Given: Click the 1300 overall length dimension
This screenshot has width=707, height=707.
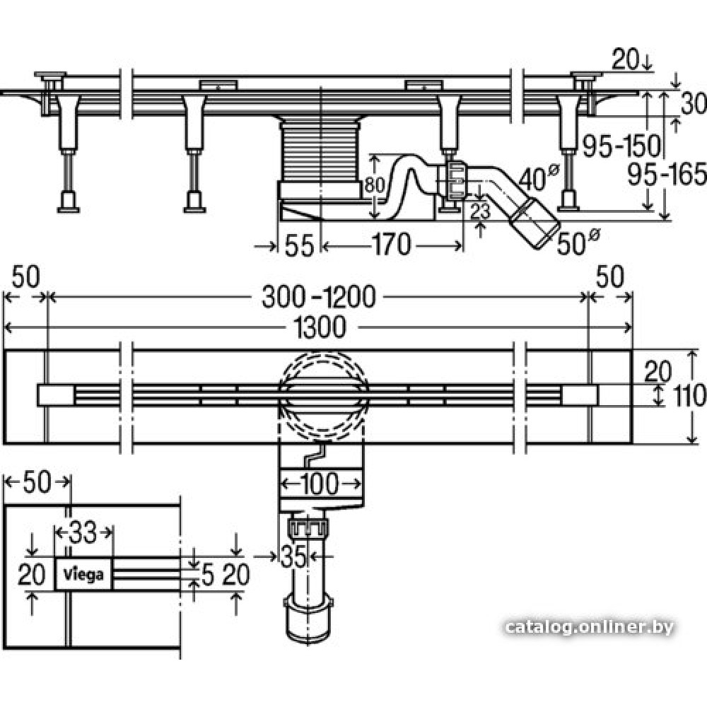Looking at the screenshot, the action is pyautogui.click(x=319, y=327).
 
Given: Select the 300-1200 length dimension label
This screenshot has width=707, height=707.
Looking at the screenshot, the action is pyautogui.click(x=318, y=297).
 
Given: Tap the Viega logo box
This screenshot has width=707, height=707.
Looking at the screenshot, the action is pyautogui.click(x=83, y=574).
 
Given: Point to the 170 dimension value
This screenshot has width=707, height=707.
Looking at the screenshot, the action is pyautogui.click(x=391, y=245).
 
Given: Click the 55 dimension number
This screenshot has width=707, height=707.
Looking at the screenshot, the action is pyautogui.click(x=299, y=246).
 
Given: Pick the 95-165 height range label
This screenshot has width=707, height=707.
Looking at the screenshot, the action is pyautogui.click(x=667, y=175).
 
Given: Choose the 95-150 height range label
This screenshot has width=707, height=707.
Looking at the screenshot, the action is pyautogui.click(x=621, y=146).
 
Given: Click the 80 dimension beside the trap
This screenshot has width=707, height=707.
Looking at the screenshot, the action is pyautogui.click(x=374, y=185).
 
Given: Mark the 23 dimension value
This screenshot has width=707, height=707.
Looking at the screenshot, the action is pyautogui.click(x=480, y=211).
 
